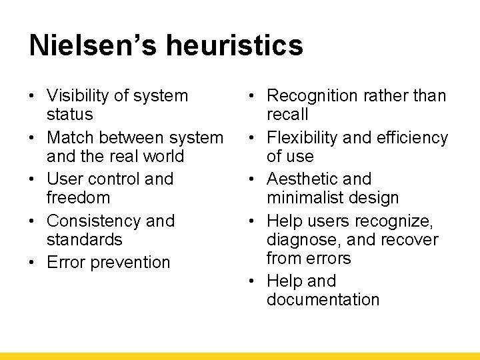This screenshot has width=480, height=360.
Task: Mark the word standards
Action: click(x=85, y=239)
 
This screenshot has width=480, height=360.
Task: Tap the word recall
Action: click(x=287, y=115)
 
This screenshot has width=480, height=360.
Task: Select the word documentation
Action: click(x=323, y=300)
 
